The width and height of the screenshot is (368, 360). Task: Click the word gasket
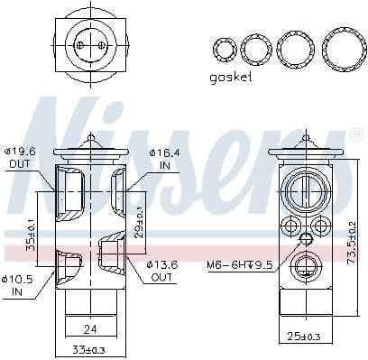[230, 78]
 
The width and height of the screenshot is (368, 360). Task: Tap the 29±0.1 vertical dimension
[139, 217]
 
